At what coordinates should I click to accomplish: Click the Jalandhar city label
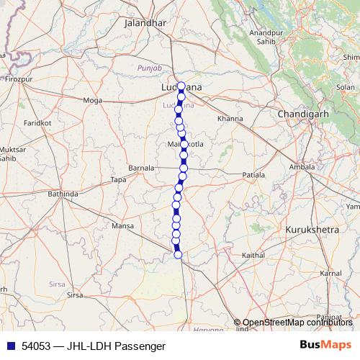[145, 23]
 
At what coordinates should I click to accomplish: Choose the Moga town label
[93, 100]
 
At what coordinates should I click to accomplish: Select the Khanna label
[230, 118]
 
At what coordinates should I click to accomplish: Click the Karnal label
[330, 274]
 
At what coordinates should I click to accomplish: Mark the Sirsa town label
[75, 295]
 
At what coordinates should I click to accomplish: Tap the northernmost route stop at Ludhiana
[181, 86]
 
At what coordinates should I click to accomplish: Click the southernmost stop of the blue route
[178, 253]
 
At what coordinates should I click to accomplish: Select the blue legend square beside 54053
[9, 346]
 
